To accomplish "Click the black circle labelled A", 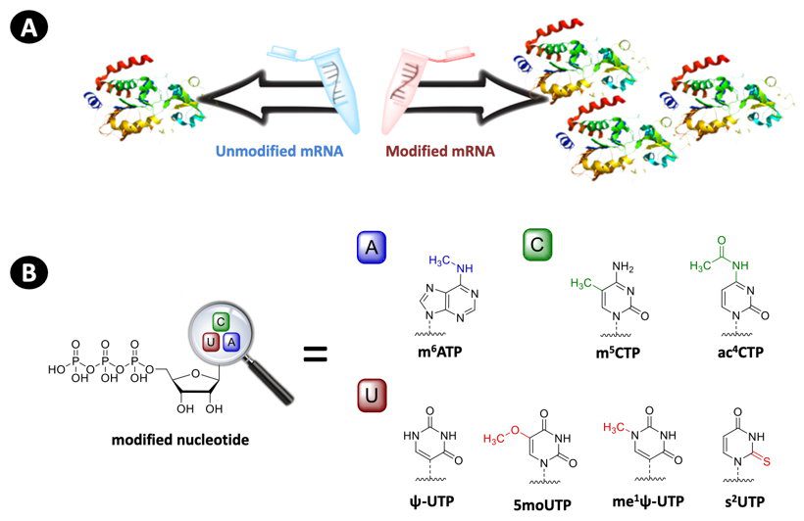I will pyautogui.click(x=31, y=31).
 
